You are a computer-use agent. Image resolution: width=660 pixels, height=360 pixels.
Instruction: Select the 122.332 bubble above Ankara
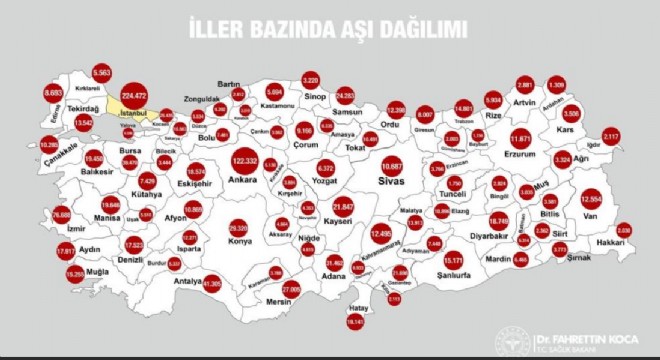tap(243, 161)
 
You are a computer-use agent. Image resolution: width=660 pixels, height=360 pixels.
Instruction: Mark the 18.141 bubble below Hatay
tap(355, 321)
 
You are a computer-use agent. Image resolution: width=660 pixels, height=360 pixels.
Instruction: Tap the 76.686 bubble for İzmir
tap(62, 214)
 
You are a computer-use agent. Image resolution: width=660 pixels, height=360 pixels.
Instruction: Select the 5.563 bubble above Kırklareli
tap(101, 73)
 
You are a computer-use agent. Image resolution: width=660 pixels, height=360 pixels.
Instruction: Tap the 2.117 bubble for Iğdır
tap(612, 136)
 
